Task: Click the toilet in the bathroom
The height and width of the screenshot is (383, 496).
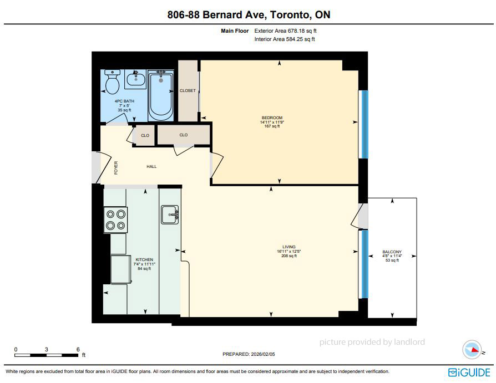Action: click(x=112, y=81)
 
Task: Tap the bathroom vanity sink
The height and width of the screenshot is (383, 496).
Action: click(x=136, y=79)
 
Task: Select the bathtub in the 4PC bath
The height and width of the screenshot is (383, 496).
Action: click(x=161, y=95)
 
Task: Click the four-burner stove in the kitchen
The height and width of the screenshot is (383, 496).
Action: click(x=116, y=220)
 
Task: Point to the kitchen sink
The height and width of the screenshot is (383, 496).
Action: click(x=170, y=215)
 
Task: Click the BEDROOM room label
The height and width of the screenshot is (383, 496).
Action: click(x=272, y=118)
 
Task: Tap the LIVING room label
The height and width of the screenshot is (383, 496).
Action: click(x=289, y=247)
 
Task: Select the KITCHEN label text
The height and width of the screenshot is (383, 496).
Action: click(x=144, y=259)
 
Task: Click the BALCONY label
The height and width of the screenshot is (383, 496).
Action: click(x=392, y=252)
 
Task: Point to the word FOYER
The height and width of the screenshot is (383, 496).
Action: click(x=116, y=168)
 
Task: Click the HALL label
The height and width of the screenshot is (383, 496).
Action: click(x=151, y=166)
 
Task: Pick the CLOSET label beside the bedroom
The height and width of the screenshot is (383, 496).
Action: click(x=188, y=91)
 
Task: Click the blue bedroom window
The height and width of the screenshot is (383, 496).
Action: click(x=365, y=125)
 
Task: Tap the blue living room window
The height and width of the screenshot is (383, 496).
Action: click(x=365, y=264)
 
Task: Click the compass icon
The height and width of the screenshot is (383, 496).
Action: click(x=472, y=350)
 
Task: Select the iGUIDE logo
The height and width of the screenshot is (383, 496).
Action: click(x=469, y=372)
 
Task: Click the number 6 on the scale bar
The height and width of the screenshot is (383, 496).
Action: click(x=78, y=349)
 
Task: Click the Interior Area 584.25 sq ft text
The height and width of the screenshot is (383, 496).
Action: click(x=285, y=39)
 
